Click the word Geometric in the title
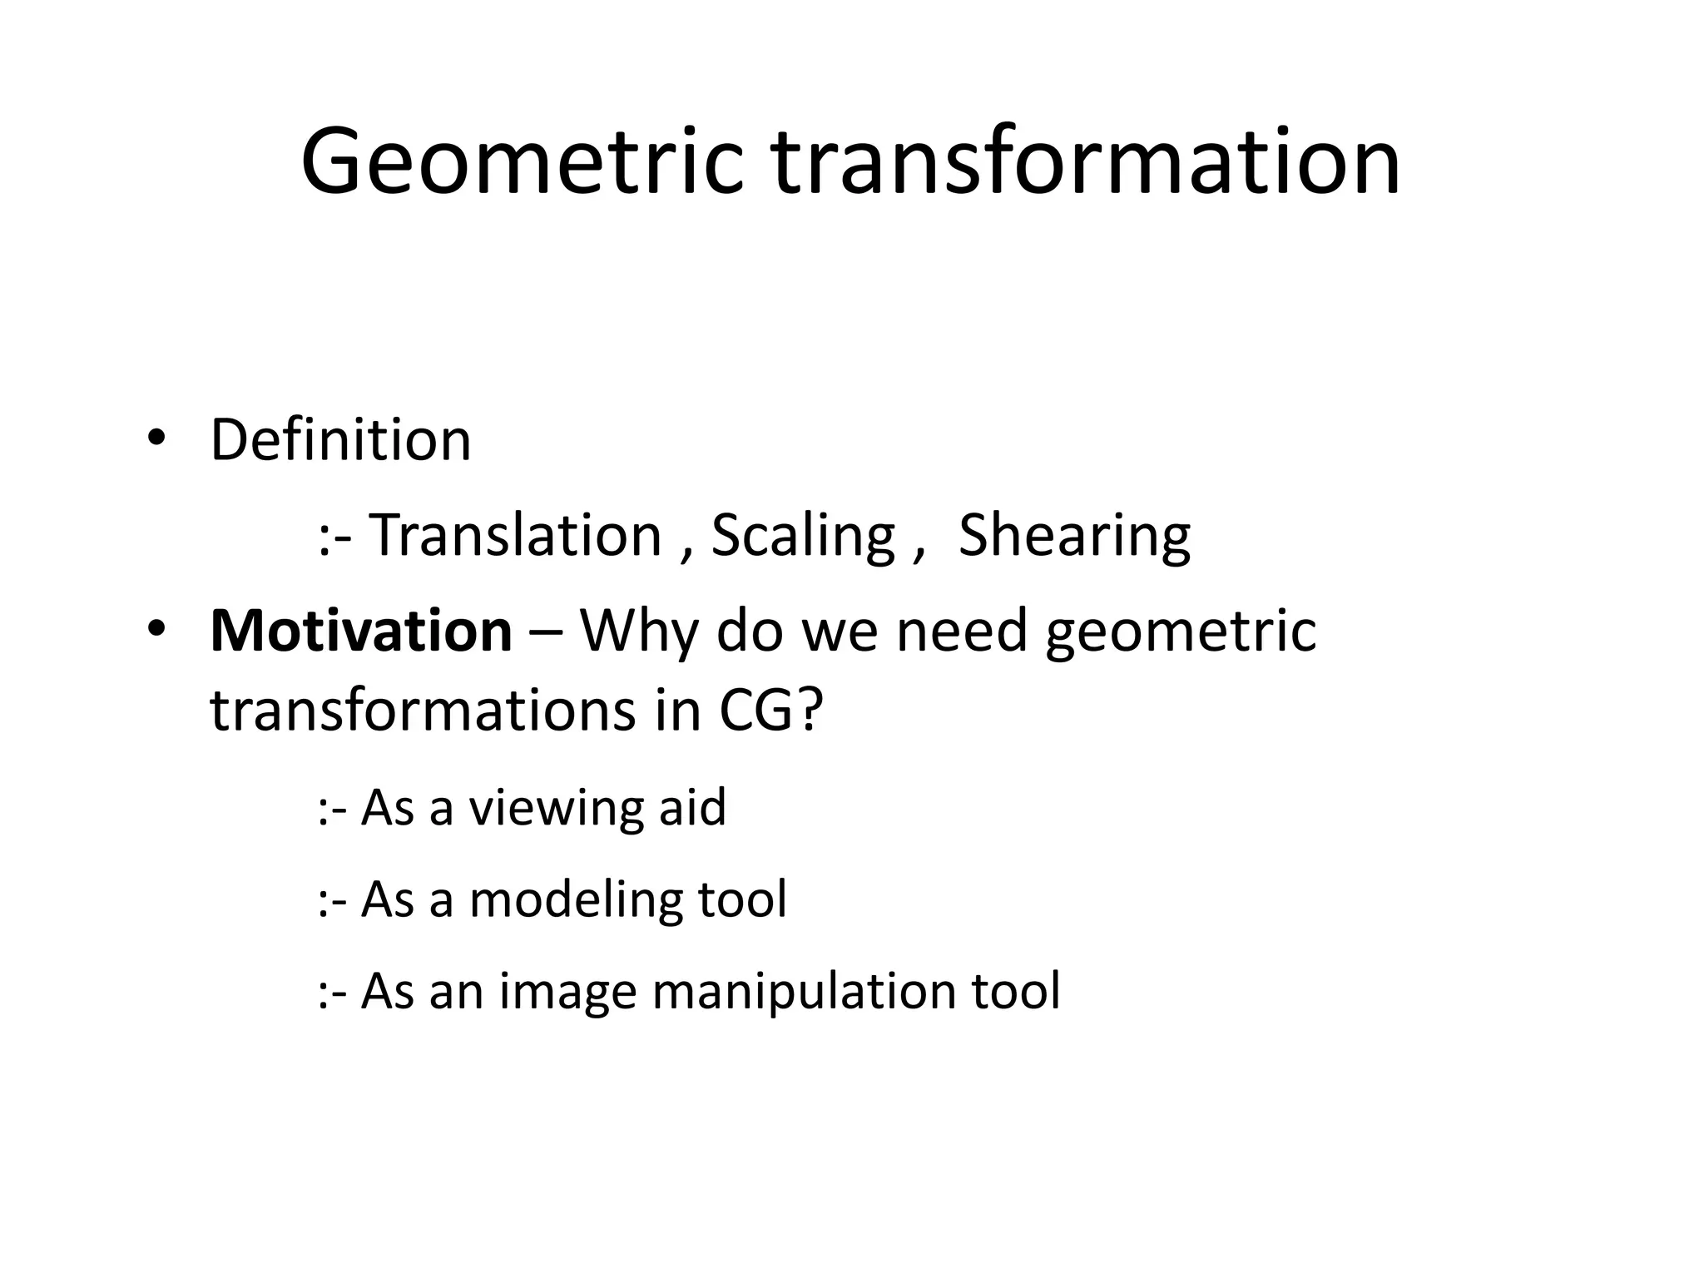coord(522,162)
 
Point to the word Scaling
coord(803,537)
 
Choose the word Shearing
coord(1074,537)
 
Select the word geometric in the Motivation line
coord(1181,632)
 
